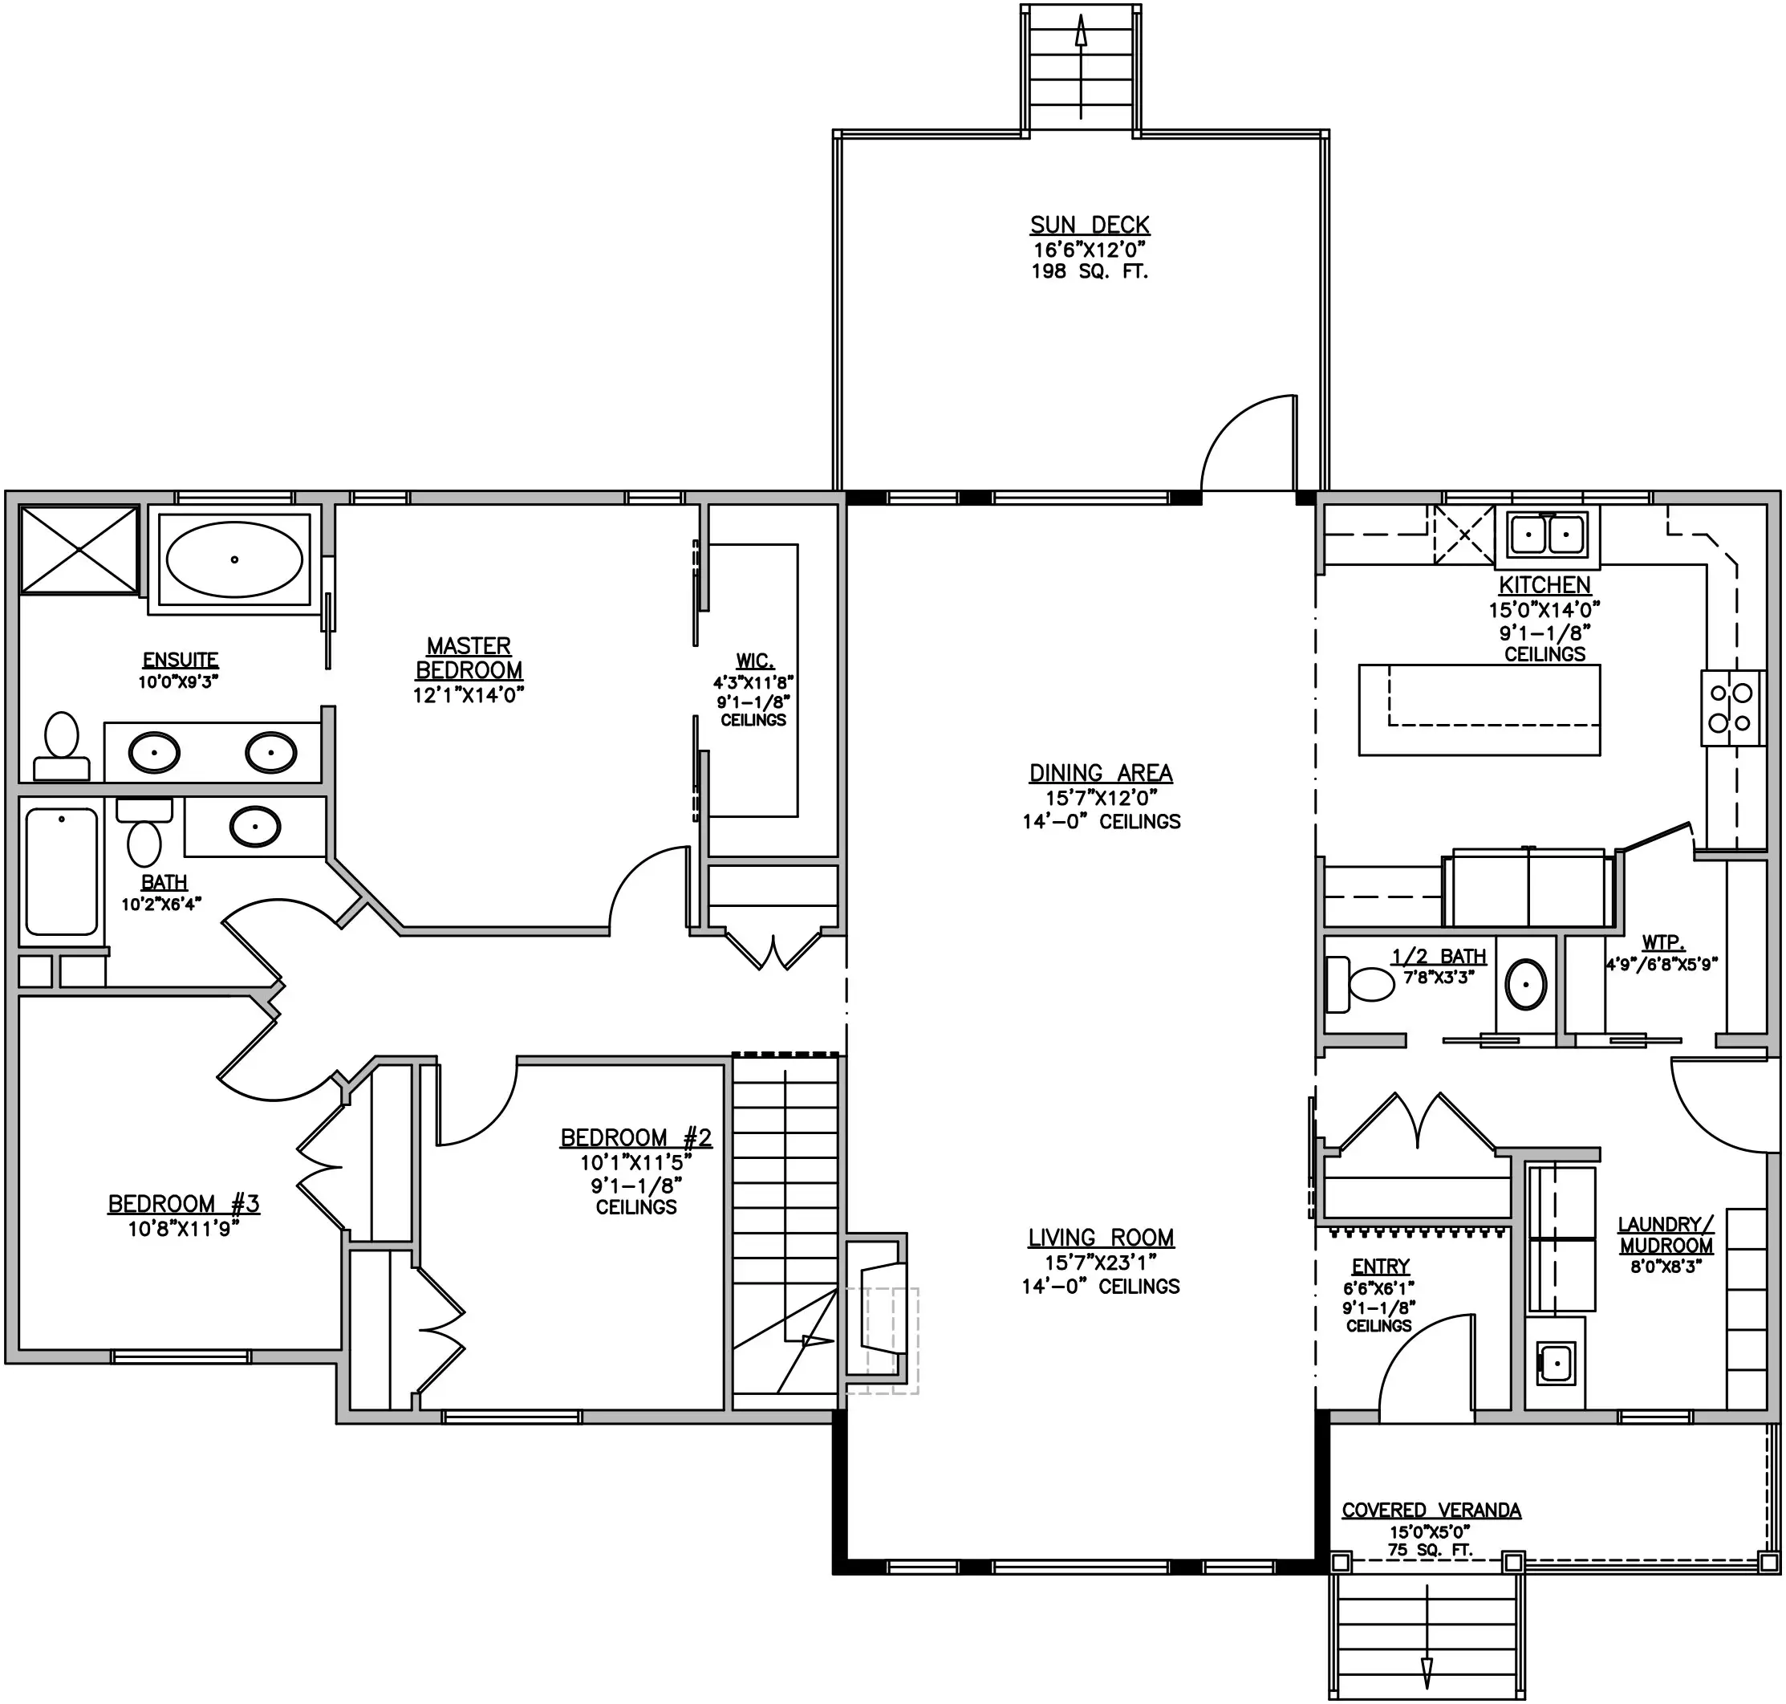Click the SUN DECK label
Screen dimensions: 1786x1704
click(1090, 225)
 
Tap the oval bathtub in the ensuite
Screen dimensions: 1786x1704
click(234, 559)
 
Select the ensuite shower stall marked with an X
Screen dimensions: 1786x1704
click(79, 551)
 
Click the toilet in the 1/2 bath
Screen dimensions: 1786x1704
click(1359, 985)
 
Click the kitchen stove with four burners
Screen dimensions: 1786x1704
click(1731, 709)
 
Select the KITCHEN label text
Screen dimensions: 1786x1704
click(1544, 585)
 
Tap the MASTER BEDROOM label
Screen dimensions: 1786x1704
click(469, 657)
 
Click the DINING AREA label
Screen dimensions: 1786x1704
click(1101, 773)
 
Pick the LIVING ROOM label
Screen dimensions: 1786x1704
click(1101, 1237)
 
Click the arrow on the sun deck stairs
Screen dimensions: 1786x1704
click(1081, 68)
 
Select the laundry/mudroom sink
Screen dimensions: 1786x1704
click(1556, 1362)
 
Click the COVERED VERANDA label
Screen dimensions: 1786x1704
click(1431, 1510)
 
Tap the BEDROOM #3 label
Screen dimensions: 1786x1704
click(184, 1203)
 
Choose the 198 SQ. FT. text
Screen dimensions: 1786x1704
click(1090, 270)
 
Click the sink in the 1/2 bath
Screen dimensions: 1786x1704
click(1525, 985)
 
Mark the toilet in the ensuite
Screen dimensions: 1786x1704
click(62, 746)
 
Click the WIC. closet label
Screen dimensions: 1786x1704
click(754, 661)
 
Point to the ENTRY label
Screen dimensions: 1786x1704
click(1380, 1267)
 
